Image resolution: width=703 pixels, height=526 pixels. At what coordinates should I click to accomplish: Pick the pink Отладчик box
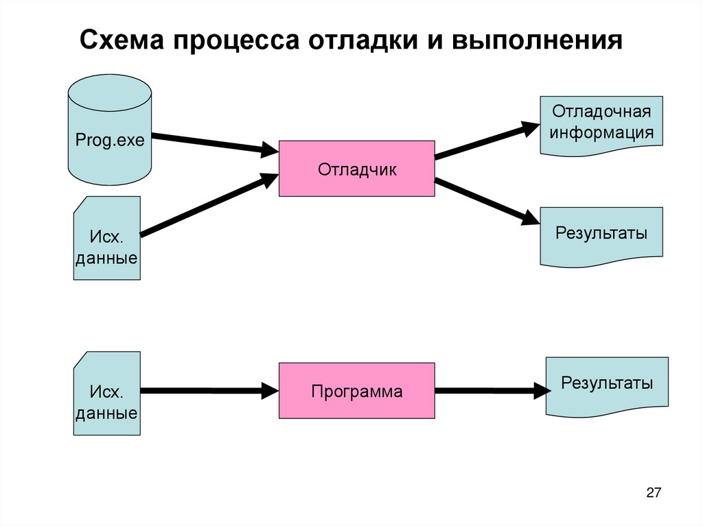point(356,169)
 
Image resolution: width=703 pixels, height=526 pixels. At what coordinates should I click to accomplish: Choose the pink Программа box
point(356,391)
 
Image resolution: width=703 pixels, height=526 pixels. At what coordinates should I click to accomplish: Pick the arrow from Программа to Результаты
point(491,392)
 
